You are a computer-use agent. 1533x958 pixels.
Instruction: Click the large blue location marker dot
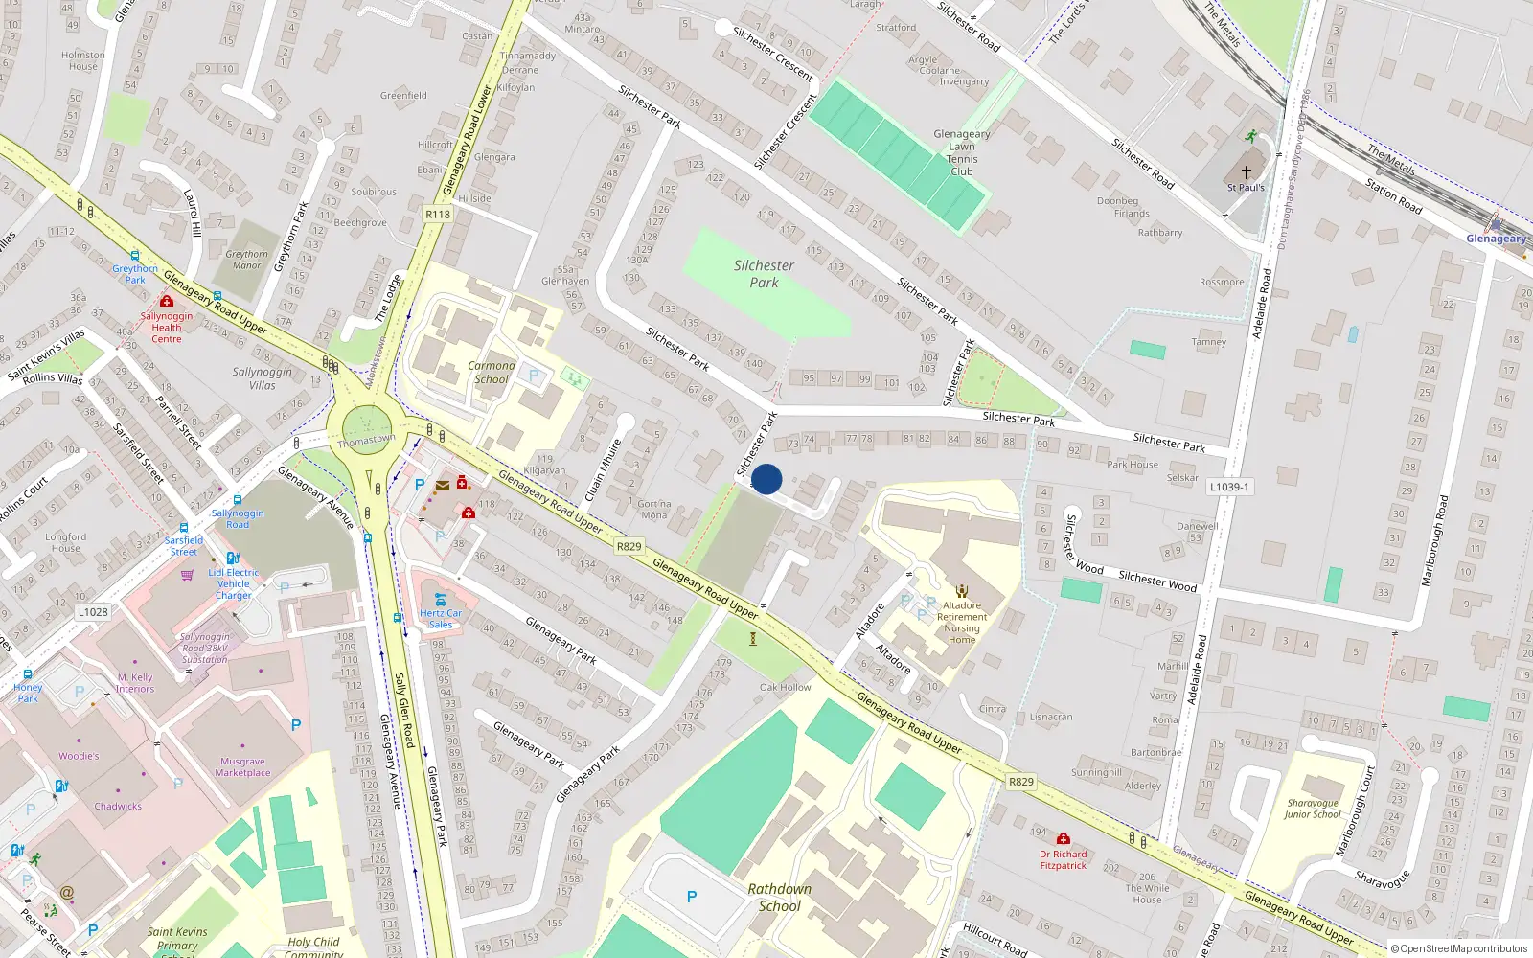(766, 479)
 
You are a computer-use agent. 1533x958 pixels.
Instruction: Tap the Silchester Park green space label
(764, 274)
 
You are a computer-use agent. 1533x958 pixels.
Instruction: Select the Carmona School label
(492, 373)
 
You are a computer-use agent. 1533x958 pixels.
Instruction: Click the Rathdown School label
(780, 898)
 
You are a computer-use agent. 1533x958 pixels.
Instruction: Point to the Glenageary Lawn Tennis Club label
(962, 153)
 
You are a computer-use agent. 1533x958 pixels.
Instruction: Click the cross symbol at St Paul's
(1247, 171)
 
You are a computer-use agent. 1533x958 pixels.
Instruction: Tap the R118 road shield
(438, 215)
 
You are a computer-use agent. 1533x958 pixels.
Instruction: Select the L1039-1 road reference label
(1229, 487)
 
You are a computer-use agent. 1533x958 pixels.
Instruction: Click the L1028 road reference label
(93, 612)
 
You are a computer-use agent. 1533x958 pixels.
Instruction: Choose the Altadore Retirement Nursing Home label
(962, 623)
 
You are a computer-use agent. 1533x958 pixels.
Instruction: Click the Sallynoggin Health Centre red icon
(167, 302)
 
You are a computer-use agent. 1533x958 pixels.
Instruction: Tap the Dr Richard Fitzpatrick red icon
(1063, 839)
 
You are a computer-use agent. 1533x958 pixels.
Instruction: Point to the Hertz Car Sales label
(441, 619)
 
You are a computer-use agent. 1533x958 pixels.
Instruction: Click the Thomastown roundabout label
(366, 441)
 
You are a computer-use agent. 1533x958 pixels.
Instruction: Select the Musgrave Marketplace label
(242, 767)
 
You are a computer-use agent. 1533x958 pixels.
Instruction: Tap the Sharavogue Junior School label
(1313, 809)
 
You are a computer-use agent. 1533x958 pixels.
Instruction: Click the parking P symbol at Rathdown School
(691, 898)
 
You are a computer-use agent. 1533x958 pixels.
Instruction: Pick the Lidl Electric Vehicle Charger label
(234, 583)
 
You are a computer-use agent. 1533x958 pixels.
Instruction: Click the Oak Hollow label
(785, 687)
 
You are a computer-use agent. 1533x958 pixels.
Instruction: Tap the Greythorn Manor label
(246, 260)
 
